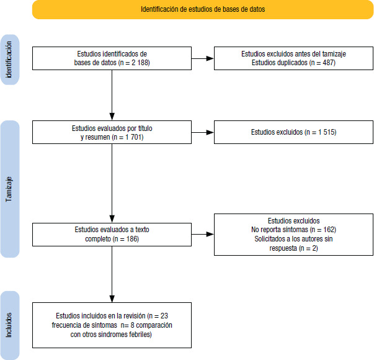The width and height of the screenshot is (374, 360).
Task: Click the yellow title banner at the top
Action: click(x=203, y=9)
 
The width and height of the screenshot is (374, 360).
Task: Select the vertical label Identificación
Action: click(x=9, y=60)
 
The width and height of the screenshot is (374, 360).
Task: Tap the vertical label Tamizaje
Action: click(x=9, y=189)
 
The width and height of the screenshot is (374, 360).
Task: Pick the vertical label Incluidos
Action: click(x=9, y=325)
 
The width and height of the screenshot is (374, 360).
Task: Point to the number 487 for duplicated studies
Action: click(x=329, y=63)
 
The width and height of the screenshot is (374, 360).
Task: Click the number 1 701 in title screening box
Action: click(x=135, y=137)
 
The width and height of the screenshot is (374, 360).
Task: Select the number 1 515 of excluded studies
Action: click(x=327, y=132)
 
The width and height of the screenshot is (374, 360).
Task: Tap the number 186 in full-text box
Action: click(x=133, y=239)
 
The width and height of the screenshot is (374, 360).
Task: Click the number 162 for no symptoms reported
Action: click(x=329, y=230)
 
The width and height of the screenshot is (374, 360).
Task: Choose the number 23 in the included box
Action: click(x=164, y=316)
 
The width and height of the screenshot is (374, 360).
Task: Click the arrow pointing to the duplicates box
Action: click(x=202, y=58)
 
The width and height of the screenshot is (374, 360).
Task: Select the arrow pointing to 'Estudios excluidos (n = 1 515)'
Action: click(x=202, y=132)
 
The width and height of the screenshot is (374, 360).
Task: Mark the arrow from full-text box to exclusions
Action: click(x=202, y=234)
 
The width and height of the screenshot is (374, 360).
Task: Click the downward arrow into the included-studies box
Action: click(x=112, y=274)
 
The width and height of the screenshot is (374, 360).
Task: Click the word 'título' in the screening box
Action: click(x=145, y=128)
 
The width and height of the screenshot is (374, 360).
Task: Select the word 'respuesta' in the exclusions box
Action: click(x=283, y=248)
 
